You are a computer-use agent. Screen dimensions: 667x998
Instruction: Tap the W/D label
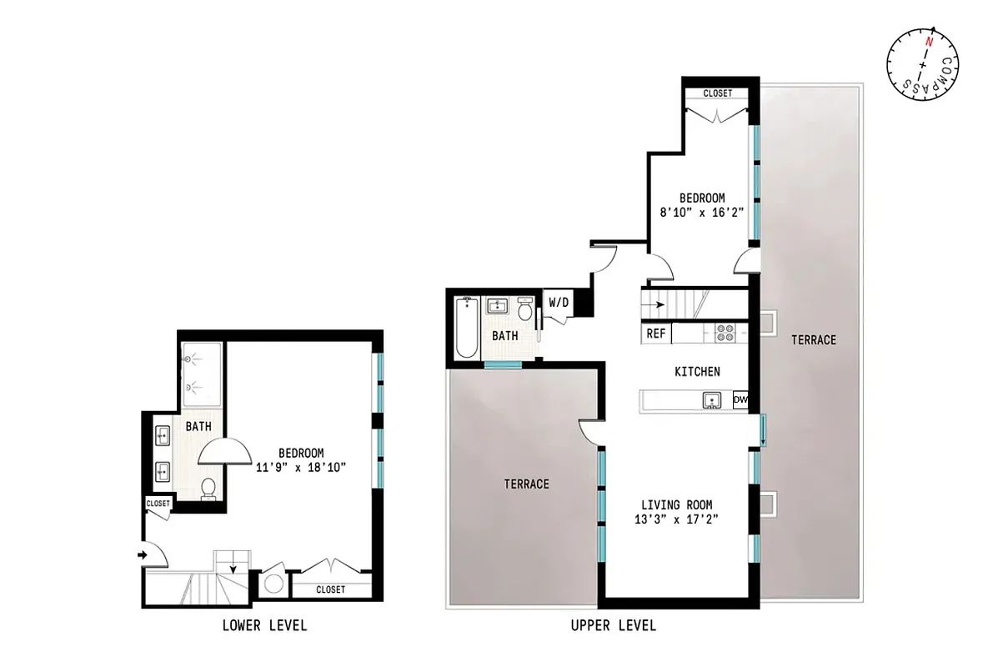click(557, 302)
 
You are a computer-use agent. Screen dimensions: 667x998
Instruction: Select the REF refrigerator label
click(656, 333)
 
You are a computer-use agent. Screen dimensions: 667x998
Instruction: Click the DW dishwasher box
click(740, 401)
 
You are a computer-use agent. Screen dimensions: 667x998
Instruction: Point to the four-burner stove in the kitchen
click(725, 333)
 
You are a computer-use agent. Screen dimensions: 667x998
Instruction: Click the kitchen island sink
click(711, 401)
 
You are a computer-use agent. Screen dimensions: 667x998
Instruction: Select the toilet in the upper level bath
click(525, 311)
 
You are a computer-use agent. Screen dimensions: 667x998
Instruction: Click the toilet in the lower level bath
click(208, 489)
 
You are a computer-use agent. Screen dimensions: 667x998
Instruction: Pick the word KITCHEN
click(697, 372)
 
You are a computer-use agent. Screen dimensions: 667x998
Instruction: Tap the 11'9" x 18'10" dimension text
click(301, 468)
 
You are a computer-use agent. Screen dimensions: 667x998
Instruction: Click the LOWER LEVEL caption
click(264, 625)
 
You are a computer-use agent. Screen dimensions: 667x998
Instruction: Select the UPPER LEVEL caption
click(613, 625)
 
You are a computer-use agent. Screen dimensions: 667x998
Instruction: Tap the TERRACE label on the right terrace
click(813, 339)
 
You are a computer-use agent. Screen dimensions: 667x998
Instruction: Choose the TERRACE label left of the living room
click(527, 484)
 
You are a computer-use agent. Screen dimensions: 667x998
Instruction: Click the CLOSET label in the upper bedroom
click(717, 93)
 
